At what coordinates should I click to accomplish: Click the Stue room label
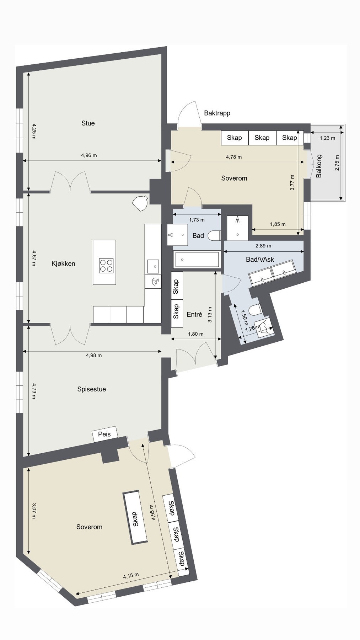coord(88,123)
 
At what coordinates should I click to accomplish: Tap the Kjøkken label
coord(63,263)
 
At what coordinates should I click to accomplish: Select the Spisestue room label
coord(92,389)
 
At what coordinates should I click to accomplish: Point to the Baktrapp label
coord(217,113)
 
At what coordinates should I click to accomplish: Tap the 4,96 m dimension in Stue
coord(89,155)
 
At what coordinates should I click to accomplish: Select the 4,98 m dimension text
coord(94,355)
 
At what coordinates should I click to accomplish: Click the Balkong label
coord(319,166)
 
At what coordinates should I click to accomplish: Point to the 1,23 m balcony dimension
coord(327,138)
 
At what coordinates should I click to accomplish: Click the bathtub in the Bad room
coord(197,259)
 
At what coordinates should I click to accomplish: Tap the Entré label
coord(194,314)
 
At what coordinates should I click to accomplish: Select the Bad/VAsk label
coord(260,260)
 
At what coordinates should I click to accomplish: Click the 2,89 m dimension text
coord(263,246)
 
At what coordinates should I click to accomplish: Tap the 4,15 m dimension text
coord(131,576)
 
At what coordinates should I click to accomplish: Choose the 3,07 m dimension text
coord(34,511)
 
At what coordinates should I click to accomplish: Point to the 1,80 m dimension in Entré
coord(196,334)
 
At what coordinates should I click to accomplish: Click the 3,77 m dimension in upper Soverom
coord(292,182)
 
